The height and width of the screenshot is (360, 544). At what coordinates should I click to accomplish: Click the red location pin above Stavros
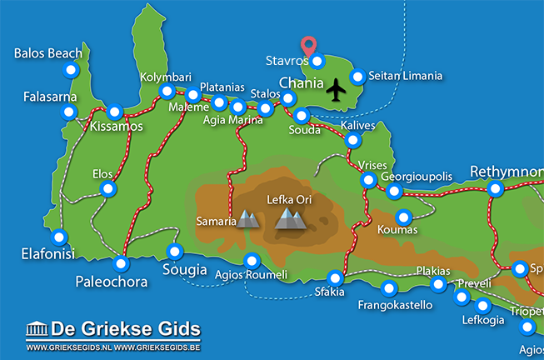309,45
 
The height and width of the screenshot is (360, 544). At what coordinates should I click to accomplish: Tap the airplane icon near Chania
337,88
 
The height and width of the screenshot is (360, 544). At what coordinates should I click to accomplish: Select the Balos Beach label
48,53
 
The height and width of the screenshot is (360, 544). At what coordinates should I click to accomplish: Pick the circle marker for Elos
107,189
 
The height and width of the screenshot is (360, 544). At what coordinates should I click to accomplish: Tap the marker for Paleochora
122,264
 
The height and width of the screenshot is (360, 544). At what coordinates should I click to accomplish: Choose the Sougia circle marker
175,251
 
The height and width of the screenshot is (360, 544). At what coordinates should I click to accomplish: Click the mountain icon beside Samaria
248,219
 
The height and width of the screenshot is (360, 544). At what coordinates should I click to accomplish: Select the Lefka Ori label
289,200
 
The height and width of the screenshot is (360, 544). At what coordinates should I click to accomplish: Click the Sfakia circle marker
336,277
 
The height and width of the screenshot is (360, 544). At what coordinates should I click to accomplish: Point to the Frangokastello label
396,305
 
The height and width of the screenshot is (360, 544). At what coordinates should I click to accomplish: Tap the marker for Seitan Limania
357,77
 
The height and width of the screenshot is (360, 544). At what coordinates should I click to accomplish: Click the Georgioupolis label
416,177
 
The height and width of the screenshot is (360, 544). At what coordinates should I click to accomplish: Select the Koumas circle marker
403,217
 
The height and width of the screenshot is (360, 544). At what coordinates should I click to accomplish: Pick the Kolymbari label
165,76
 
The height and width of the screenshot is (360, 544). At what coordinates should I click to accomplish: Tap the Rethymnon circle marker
496,189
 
